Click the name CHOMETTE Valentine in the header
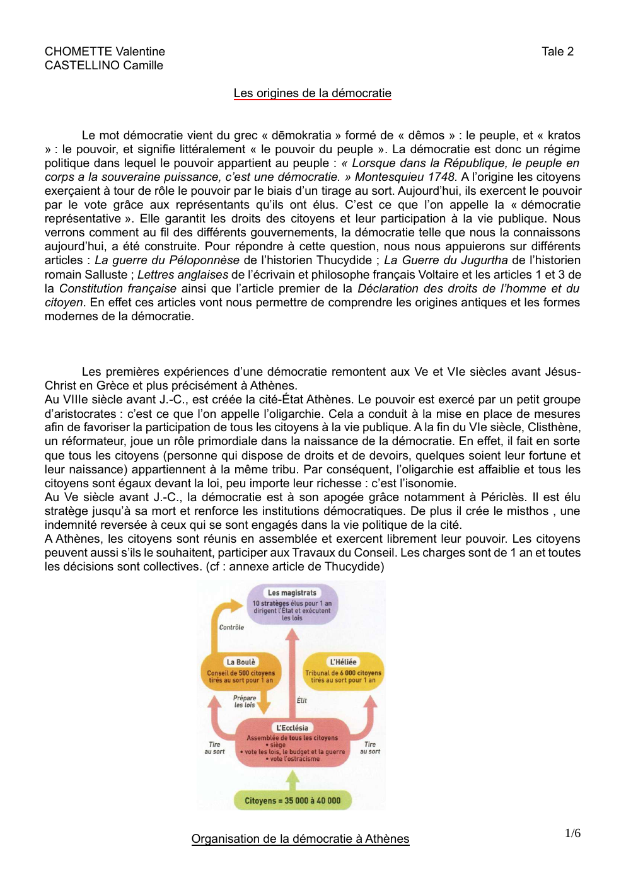[105, 52]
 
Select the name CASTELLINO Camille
[103, 66]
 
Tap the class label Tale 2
[557, 52]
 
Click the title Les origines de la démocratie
[312, 93]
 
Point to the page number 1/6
[572, 833]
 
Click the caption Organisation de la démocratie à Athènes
[300, 839]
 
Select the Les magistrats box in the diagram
[292, 604]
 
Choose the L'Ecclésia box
[292, 744]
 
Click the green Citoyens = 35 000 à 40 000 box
[293, 801]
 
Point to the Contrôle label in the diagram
[231, 627]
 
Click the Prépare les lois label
[245, 702]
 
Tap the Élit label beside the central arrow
[302, 700]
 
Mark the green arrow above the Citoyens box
[292, 780]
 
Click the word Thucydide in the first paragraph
[344, 260]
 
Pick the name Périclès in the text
[503, 497]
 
